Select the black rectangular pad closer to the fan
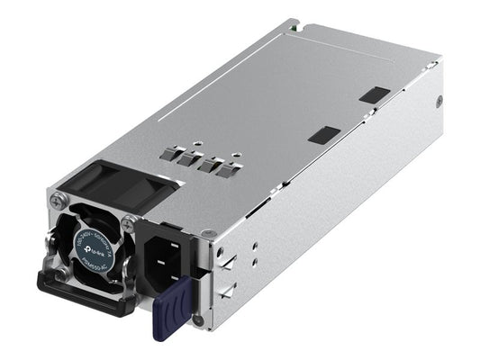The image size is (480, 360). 324,135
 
